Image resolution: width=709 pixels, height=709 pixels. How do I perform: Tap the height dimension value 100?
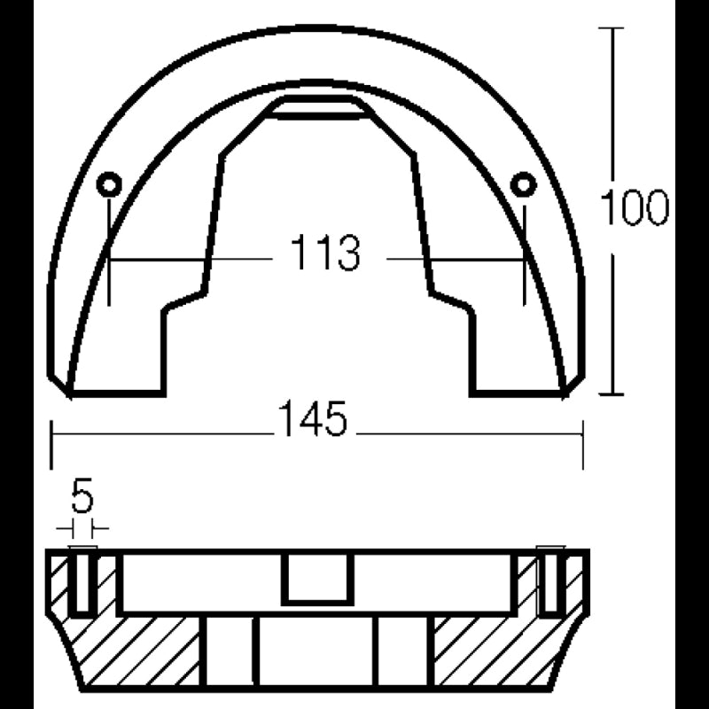pos(633,208)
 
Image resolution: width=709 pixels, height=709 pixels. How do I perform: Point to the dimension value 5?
pos(82,499)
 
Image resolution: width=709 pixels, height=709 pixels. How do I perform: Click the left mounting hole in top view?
pos(109,184)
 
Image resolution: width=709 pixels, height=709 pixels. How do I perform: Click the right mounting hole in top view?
pos(524,184)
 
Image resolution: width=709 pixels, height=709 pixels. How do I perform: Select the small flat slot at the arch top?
pos(316,109)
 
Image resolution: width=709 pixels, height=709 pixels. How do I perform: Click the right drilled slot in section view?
pos(550,583)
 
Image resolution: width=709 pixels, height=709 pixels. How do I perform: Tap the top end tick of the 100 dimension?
pos(612,28)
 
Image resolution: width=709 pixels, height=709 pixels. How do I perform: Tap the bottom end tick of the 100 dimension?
pos(612,394)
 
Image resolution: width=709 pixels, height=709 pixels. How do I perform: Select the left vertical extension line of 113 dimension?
pos(109,266)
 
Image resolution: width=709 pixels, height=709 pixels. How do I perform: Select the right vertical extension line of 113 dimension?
pos(524,266)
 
